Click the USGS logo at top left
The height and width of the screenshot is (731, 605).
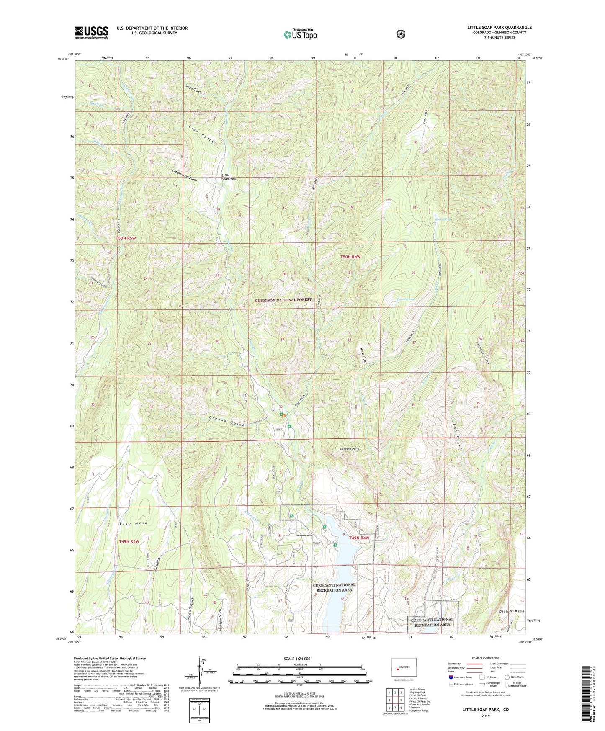(91, 32)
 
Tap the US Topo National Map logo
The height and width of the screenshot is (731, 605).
(299, 34)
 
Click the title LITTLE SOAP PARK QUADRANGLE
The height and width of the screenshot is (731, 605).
(499, 28)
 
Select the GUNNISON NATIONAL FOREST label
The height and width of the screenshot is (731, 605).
(283, 300)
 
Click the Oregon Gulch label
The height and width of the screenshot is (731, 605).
(226, 422)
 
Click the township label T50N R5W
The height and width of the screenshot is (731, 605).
(126, 238)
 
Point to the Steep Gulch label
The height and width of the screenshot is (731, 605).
(193, 88)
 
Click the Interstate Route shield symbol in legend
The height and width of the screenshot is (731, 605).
(451, 677)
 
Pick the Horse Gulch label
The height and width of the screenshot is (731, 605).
(362, 355)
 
